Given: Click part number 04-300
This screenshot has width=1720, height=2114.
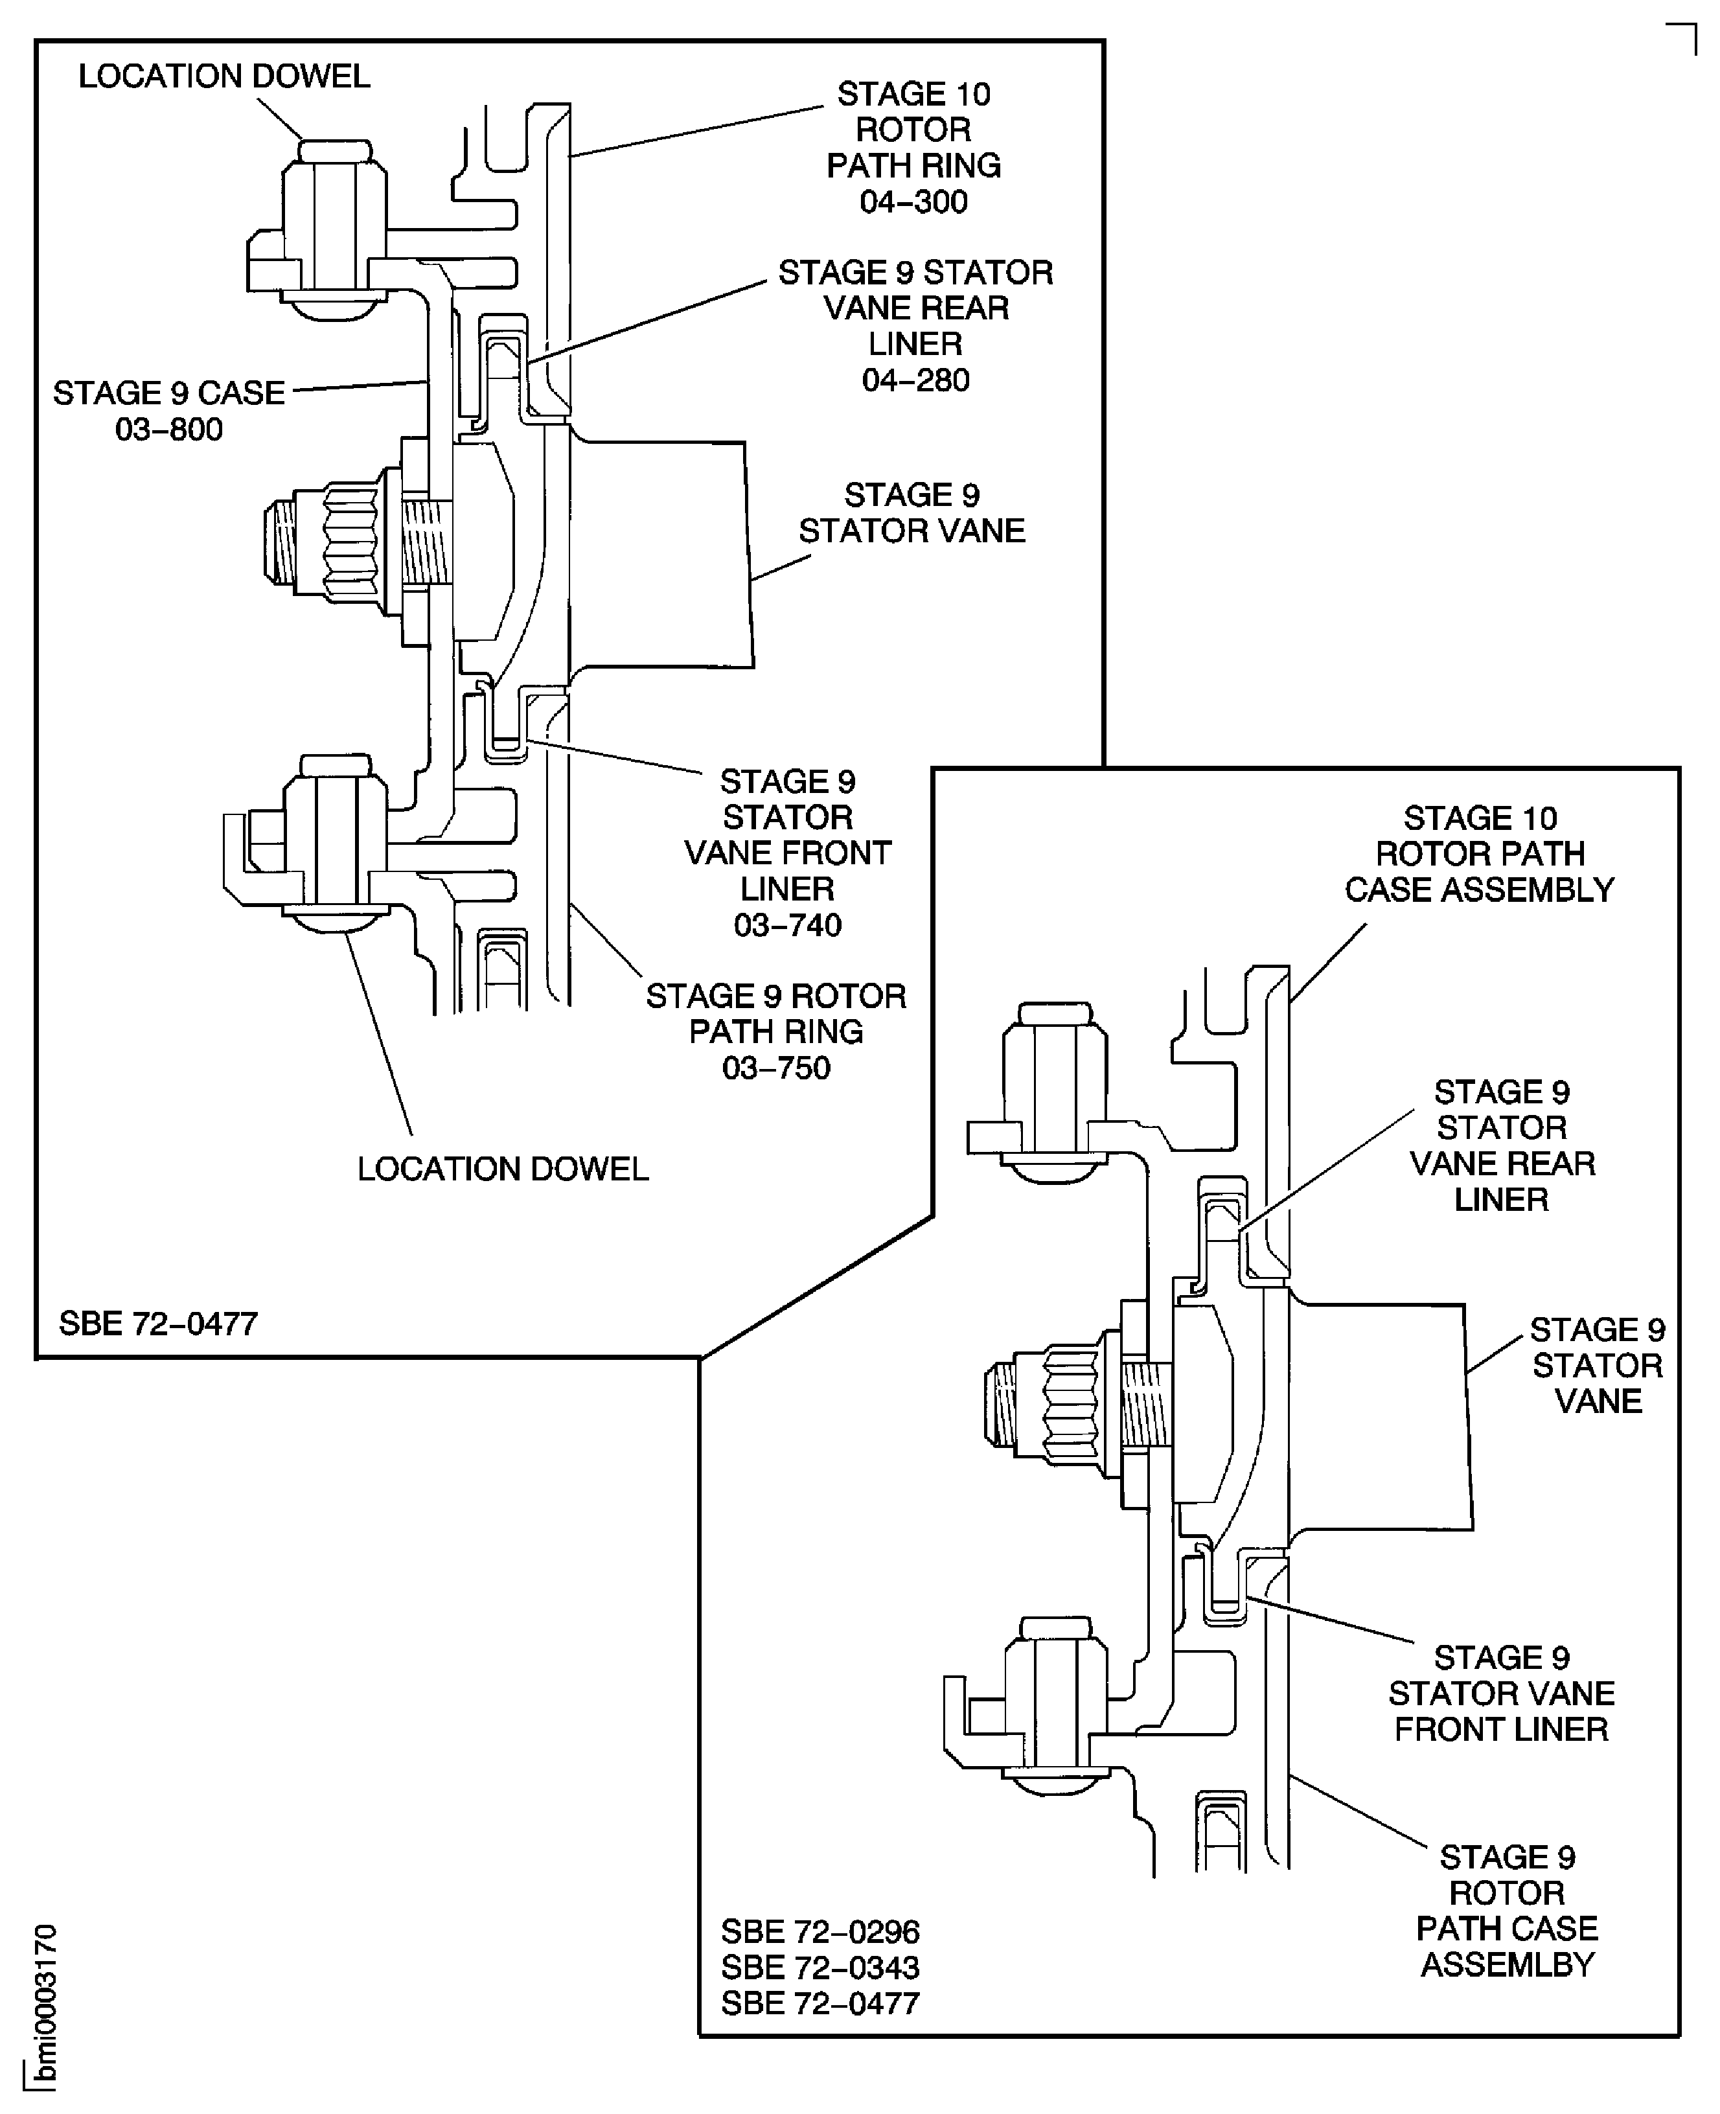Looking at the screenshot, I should point(913,202).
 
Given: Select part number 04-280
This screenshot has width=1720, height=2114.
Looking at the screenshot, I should point(915,380).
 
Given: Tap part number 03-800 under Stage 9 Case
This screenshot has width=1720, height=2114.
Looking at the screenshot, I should point(168,430).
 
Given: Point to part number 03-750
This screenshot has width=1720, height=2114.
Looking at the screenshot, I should point(776,1068).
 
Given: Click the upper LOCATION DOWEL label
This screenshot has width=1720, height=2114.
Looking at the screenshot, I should point(224,76).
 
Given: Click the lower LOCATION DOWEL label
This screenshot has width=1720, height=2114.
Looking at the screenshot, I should point(502,1169).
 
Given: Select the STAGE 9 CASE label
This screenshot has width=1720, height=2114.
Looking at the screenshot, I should point(168,393).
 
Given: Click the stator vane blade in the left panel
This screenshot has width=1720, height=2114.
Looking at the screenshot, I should point(664,555).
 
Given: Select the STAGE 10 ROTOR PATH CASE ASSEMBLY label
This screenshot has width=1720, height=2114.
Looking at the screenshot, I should point(1478,854).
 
